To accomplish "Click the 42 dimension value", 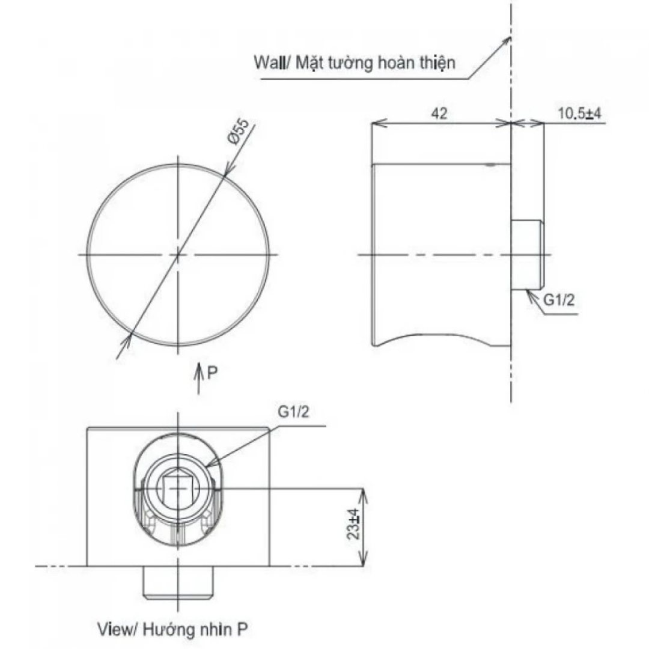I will point(439,113).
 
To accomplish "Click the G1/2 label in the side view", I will point(559,301).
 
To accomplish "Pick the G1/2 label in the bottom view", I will point(294,413).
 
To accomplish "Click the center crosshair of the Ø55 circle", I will point(178,255).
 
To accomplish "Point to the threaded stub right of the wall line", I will point(529,254).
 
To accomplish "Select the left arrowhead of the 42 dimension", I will point(376,124).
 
